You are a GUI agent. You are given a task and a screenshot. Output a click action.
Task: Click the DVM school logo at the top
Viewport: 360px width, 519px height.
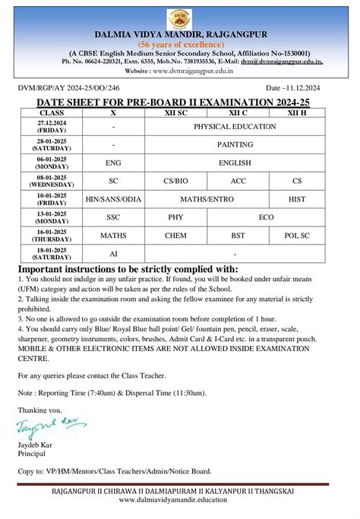click(x=180, y=17)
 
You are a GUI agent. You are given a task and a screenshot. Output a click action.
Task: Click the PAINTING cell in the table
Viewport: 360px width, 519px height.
click(x=235, y=144)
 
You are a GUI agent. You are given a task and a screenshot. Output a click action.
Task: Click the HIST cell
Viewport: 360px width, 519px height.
click(x=297, y=199)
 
